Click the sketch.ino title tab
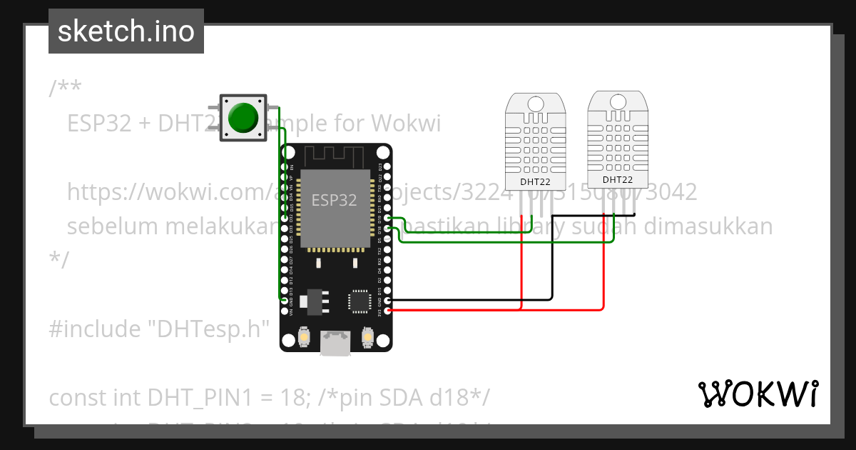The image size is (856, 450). coord(126,31)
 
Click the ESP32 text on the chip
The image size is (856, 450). coord(334,200)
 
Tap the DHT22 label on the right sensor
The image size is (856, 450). coord(617,180)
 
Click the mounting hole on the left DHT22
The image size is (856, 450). coord(535,106)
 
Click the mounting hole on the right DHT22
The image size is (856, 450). coord(617,104)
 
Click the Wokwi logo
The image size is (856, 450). coord(758,394)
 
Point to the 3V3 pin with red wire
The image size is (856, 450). coord(387,311)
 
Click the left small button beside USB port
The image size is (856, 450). coord(304,336)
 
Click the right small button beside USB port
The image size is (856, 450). coord(368,336)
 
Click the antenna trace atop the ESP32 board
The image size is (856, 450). coord(335,156)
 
